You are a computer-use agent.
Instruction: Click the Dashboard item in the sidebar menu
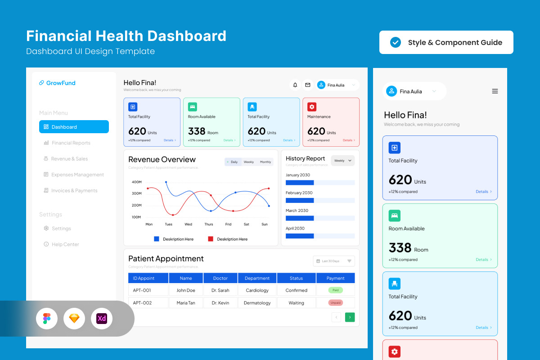click(x=74, y=127)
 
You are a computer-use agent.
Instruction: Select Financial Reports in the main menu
click(x=71, y=143)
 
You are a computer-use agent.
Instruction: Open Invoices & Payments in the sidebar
click(x=74, y=190)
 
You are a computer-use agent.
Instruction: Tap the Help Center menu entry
click(x=65, y=244)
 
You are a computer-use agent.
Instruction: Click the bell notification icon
click(x=295, y=85)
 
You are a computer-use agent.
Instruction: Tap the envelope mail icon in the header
click(x=308, y=85)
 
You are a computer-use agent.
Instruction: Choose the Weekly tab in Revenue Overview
click(x=249, y=162)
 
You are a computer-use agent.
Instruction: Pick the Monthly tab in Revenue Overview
click(x=265, y=162)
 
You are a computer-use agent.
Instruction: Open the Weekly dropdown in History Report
click(x=342, y=161)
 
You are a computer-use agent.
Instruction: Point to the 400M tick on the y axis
click(x=136, y=182)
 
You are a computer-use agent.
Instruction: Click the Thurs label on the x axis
click(x=209, y=224)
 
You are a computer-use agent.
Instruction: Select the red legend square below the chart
click(x=211, y=239)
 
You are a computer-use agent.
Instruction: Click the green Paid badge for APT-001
click(x=335, y=290)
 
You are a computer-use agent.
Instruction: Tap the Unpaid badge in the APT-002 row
click(x=335, y=303)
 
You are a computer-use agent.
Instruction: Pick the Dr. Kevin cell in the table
click(x=220, y=303)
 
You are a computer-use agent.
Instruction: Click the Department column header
click(x=257, y=278)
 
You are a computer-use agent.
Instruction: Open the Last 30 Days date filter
click(x=333, y=261)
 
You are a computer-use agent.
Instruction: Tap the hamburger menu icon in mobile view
click(x=495, y=91)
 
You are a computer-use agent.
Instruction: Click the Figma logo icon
click(x=47, y=319)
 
